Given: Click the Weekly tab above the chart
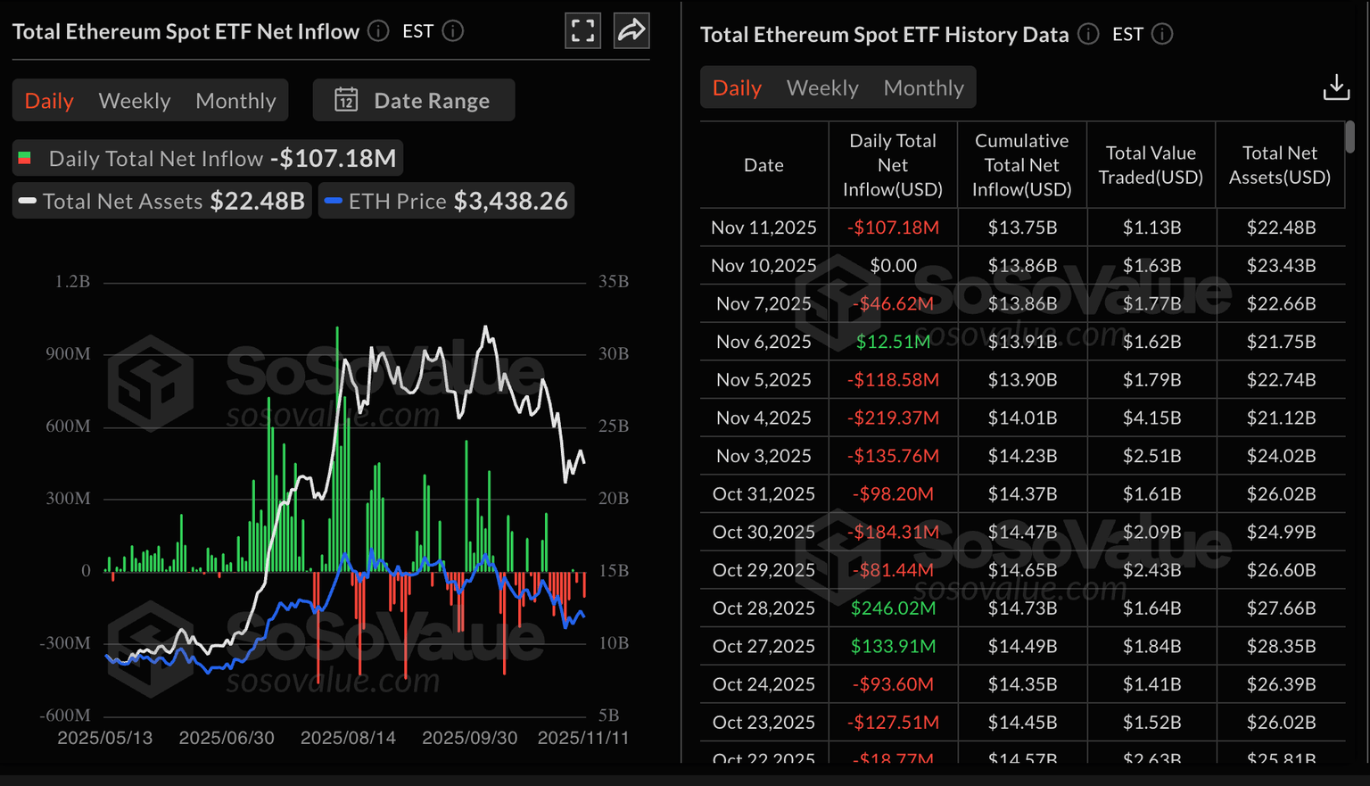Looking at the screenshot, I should pos(135,101).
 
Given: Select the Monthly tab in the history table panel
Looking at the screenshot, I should pos(923,88).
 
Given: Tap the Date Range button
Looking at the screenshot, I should pos(414,101).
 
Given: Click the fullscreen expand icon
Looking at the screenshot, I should pos(582,31).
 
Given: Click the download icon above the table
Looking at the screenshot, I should pos(1335,87).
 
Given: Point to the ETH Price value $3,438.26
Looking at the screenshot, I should pos(510,202).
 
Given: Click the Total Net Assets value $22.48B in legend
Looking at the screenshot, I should pos(257,202).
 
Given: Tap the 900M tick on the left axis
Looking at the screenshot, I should pos(68,354).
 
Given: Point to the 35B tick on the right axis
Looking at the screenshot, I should pos(614,282).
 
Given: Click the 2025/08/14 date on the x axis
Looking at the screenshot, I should pos(348,738).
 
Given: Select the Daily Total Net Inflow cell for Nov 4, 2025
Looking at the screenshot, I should pos(893,418).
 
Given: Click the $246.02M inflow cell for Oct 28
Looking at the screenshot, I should pos(893,608).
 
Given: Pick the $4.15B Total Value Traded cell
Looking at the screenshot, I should pos(1151,418).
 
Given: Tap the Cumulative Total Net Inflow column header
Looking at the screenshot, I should pos(1021,165).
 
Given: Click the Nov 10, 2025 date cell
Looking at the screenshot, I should pos(763,266).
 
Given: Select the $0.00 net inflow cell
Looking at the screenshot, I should pos(893,266).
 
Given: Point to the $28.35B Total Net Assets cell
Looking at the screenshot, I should pos(1281,646).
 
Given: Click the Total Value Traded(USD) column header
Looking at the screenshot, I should pos(1151,165).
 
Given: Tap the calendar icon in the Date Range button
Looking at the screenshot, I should pos(346,100).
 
